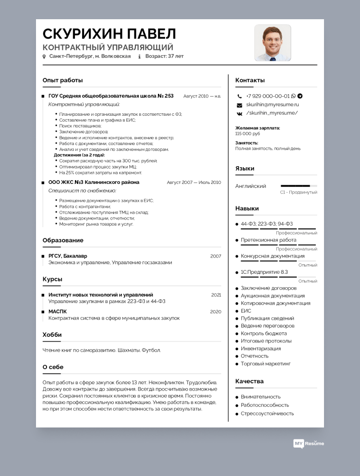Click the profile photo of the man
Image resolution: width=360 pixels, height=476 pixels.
(x=273, y=43)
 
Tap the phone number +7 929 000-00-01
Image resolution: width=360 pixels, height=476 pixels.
(x=268, y=96)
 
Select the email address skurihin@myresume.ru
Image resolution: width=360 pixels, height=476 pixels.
(x=273, y=104)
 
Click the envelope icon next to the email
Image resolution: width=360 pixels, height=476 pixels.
(x=239, y=105)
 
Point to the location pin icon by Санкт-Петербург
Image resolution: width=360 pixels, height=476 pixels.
(x=44, y=57)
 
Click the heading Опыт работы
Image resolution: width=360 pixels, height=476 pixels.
(x=62, y=80)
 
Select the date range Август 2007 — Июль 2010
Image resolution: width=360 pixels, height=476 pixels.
(x=194, y=183)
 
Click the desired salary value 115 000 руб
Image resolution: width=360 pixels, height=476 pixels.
(x=248, y=134)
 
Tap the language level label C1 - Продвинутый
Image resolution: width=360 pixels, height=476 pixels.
(x=299, y=192)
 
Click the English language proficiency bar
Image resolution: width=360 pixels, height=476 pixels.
(x=299, y=185)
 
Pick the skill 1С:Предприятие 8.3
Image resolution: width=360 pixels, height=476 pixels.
(x=264, y=272)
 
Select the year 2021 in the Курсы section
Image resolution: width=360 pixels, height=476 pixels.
(x=216, y=295)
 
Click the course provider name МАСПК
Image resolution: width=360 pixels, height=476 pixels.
(x=58, y=311)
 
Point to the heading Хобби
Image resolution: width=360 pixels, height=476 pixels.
(x=52, y=335)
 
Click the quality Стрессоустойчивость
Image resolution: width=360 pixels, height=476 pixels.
(x=267, y=414)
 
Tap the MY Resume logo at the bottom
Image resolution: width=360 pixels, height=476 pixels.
(x=309, y=443)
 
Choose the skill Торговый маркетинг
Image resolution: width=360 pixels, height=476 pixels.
(x=265, y=364)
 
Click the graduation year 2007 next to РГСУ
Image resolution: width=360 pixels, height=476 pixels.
(x=216, y=256)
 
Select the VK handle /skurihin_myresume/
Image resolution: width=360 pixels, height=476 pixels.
(x=272, y=113)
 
